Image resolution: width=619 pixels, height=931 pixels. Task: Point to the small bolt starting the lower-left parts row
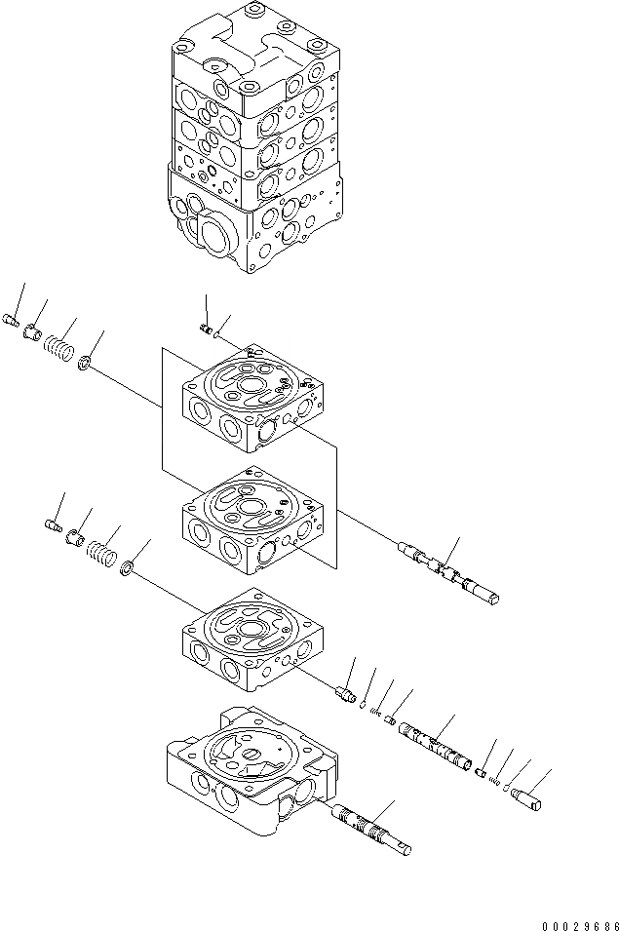pos(54,527)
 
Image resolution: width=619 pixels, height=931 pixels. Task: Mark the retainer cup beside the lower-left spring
pos(74,539)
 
